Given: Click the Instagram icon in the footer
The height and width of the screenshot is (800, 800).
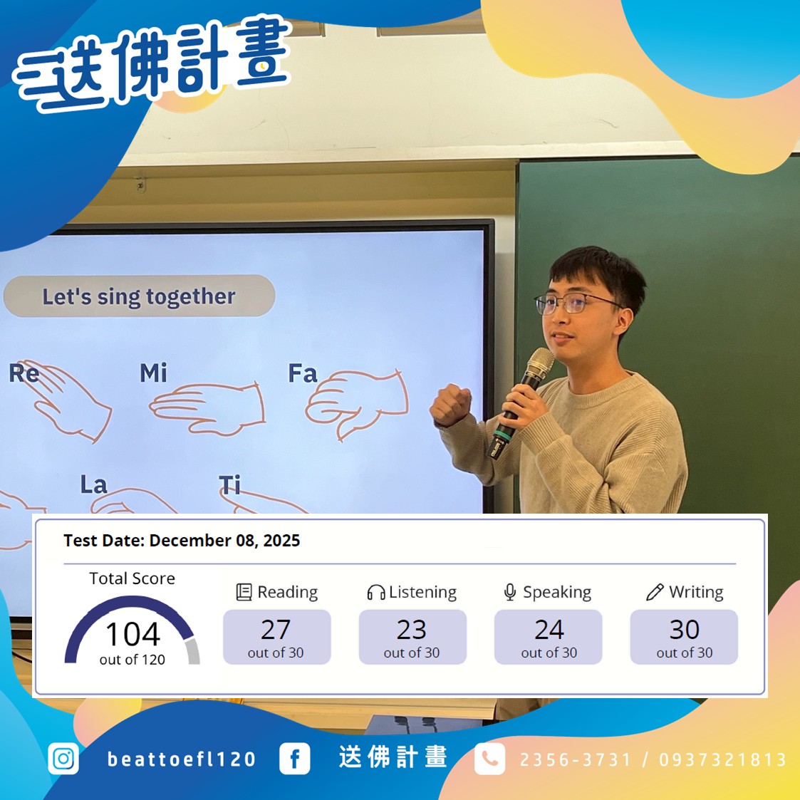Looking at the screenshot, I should coord(63,759).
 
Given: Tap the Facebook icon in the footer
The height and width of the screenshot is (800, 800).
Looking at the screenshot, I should coord(294,759).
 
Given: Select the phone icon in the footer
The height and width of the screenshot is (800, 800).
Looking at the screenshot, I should coord(489,759).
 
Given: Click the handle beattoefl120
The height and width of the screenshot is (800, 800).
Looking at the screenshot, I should coord(182,759).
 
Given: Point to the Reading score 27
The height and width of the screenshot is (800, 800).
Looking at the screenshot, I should coord(276,630).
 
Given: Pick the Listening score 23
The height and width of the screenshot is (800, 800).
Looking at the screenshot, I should coord(412,630).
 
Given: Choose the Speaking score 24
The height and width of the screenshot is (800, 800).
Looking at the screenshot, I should coord(549,630).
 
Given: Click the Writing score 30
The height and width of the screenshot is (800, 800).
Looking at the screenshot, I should coord(684,630).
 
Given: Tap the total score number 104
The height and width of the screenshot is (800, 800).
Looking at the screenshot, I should coord(133,634).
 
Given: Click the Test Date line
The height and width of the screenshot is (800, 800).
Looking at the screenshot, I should coord(182,541).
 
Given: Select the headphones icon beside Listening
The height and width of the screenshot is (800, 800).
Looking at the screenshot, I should coord(375,593).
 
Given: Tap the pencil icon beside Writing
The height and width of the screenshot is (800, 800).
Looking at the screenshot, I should coord(655,593).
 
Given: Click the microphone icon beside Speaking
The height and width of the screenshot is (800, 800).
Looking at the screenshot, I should coord(510,593).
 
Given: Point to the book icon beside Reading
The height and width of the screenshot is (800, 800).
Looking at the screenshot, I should coord(244,593).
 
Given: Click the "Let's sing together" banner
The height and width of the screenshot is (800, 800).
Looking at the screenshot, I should coord(139,296).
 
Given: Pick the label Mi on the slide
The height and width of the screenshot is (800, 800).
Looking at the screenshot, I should coord(153,373).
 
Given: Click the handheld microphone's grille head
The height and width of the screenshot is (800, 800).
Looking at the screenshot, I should coord(538,364).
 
